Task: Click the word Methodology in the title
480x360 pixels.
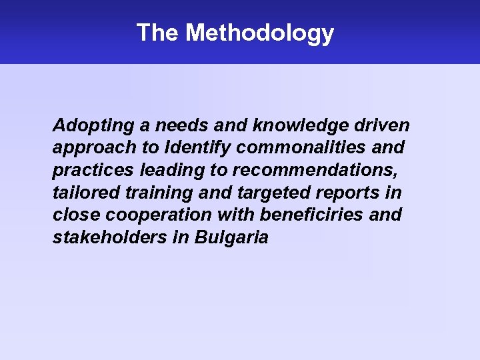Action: tap(260, 33)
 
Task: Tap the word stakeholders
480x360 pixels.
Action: tap(109, 237)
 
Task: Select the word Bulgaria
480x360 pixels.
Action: tap(232, 238)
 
